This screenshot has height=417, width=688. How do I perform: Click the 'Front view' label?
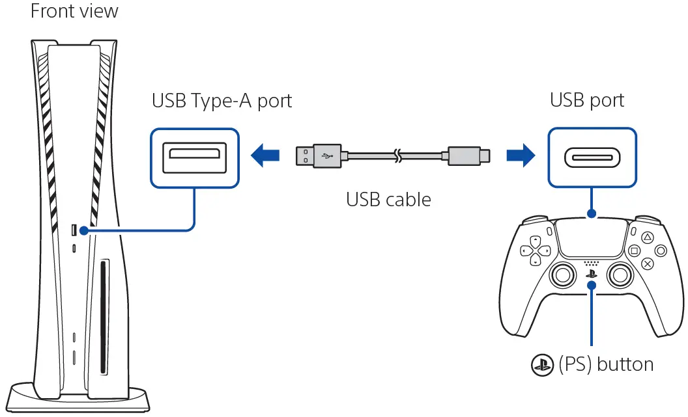(x=74, y=11)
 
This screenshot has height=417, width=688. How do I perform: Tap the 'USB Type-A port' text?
(x=222, y=101)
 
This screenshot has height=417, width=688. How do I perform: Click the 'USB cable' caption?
(x=388, y=199)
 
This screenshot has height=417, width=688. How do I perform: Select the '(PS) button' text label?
(x=606, y=364)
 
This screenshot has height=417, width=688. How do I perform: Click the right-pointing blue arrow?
(x=521, y=155)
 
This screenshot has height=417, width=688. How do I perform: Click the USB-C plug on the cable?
(x=466, y=155)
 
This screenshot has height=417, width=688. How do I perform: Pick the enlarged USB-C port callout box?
(x=592, y=157)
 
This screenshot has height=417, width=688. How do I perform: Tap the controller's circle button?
(x=661, y=250)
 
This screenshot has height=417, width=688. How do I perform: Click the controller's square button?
(x=634, y=250)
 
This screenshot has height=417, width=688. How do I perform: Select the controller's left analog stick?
(x=561, y=275)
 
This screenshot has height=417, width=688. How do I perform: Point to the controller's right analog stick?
(x=620, y=275)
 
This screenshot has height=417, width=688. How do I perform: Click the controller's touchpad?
(x=591, y=237)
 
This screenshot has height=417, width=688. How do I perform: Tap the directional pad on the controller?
(x=534, y=250)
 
